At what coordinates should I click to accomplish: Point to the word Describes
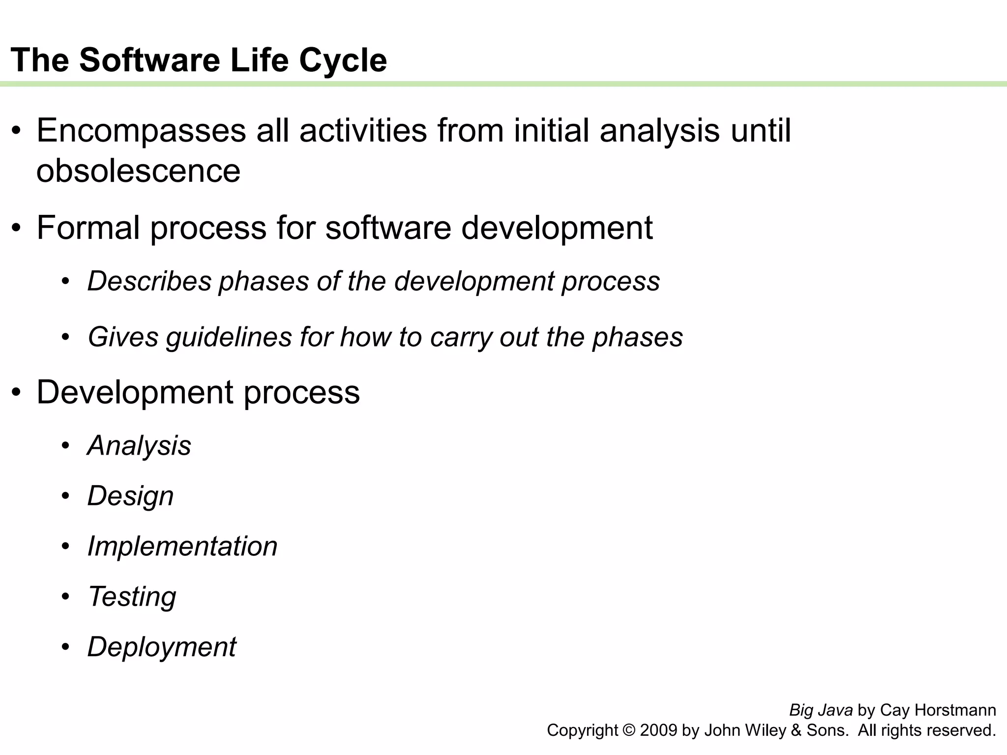(x=149, y=281)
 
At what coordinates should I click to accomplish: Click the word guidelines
(x=229, y=337)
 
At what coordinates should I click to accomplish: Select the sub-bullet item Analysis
(x=139, y=445)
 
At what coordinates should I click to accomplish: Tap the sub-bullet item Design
(x=130, y=495)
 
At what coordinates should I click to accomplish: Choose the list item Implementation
(x=182, y=546)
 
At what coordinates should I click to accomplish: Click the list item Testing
(x=132, y=596)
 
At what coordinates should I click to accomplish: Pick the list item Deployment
(x=162, y=647)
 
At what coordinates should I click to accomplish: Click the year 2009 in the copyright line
(x=659, y=730)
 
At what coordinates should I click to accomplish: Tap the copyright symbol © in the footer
(x=629, y=730)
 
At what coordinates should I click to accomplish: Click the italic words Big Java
(x=821, y=710)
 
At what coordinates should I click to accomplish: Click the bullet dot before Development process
(x=17, y=393)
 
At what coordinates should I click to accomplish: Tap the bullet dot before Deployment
(x=66, y=647)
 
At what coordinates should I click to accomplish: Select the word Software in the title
(x=150, y=60)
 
